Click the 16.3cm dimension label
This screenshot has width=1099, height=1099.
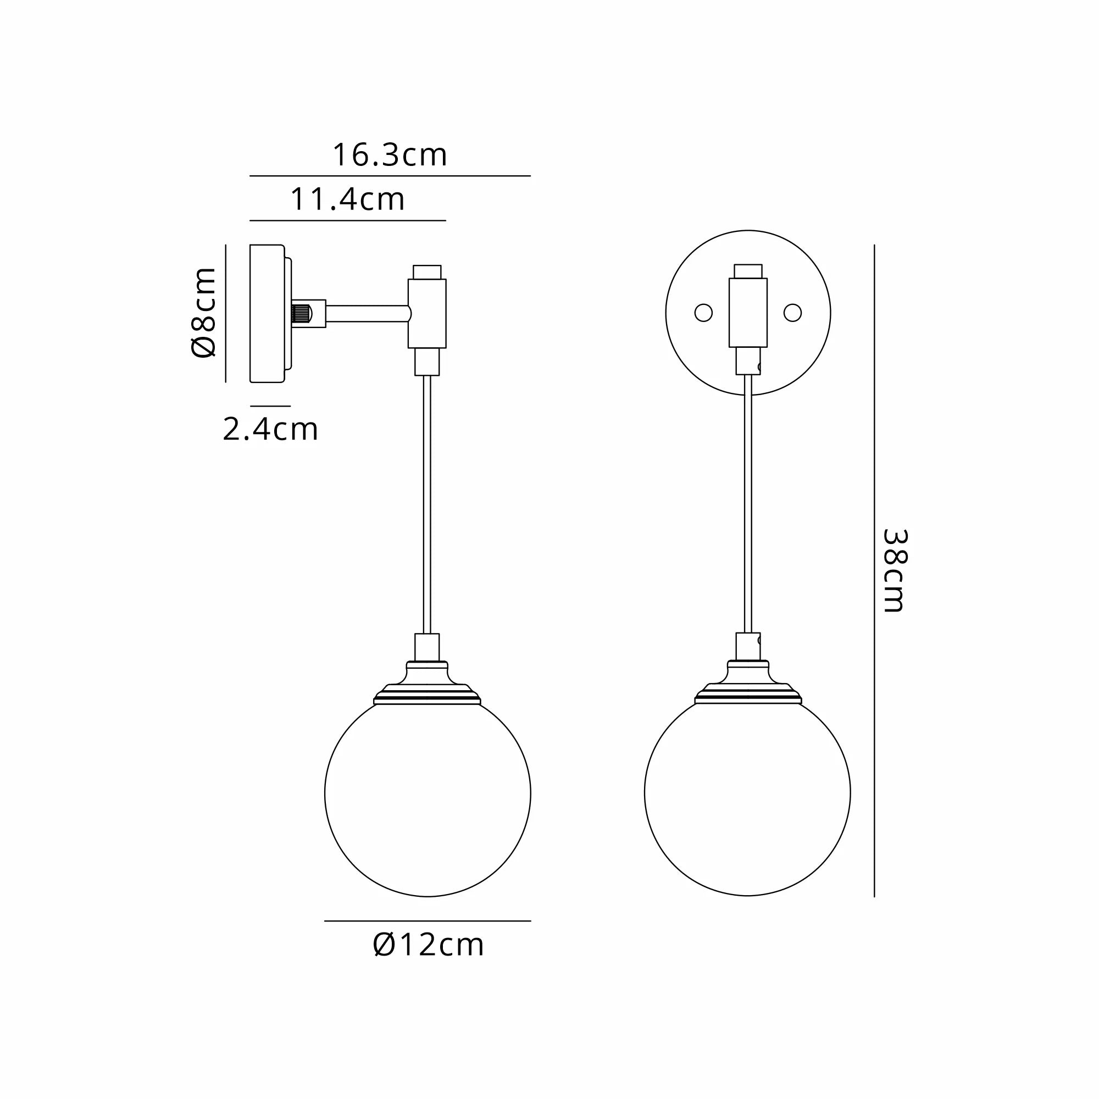(390, 155)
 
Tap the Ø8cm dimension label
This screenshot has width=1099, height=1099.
(204, 312)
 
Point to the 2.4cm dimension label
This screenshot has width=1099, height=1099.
(270, 430)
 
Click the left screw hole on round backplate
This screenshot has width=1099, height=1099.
(703, 313)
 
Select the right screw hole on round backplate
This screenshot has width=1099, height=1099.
(792, 313)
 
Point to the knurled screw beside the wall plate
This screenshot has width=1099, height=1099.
(302, 313)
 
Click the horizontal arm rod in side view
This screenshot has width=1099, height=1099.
(367, 313)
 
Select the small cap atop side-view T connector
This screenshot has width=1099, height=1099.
(426, 271)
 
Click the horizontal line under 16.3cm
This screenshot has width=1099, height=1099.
(390, 176)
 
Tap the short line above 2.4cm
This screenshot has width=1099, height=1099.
(270, 406)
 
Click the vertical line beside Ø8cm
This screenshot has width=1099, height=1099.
(226, 313)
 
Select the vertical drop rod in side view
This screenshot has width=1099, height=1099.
(427, 503)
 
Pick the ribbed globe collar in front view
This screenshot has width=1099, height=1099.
(747, 695)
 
